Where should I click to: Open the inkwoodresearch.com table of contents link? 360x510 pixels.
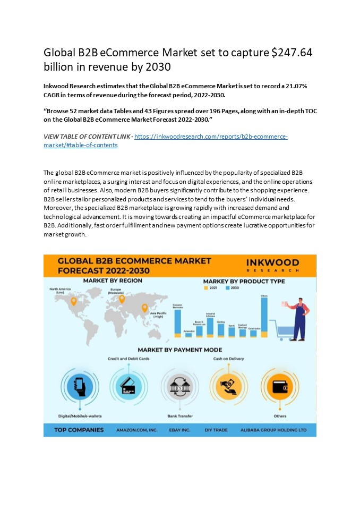coord(211,137)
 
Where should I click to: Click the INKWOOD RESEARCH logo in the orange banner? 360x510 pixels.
coord(272,265)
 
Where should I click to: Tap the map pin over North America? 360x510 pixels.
coord(73,302)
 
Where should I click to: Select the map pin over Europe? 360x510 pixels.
coord(122,299)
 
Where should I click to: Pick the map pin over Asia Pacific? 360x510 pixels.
coord(144,308)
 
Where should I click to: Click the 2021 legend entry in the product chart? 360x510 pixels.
coord(211,287)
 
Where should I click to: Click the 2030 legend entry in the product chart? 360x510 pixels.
coord(233,287)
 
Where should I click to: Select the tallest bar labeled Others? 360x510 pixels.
coord(264,317)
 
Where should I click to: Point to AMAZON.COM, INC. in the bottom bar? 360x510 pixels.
coord(137,429)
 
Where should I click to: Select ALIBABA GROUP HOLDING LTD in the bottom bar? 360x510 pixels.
coord(273,429)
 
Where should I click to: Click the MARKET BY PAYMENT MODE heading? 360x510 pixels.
coord(179,350)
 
